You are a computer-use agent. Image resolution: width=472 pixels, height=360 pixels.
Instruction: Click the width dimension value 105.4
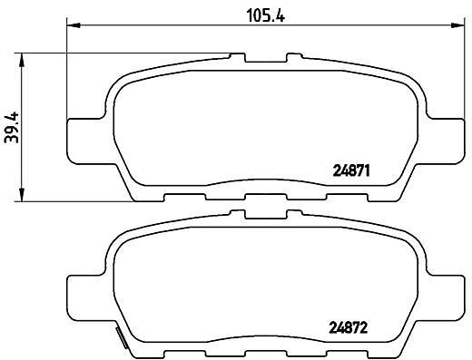tap(266, 15)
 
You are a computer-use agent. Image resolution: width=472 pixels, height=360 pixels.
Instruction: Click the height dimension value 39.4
tap(13, 127)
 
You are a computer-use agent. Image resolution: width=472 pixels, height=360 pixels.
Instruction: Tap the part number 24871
tap(351, 171)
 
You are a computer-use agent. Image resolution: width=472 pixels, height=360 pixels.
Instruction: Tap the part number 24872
tap(349, 327)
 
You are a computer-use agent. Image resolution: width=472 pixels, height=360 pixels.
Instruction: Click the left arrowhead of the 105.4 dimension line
tap(73, 25)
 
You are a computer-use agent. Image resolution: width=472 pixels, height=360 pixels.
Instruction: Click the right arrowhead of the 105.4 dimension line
tap(457, 25)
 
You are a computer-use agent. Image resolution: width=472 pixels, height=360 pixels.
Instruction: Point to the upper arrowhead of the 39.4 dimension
tap(22, 60)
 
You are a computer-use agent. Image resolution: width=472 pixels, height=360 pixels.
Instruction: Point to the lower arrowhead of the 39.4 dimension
tap(22, 194)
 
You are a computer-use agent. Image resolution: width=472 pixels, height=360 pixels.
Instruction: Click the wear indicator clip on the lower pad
tap(122, 337)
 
